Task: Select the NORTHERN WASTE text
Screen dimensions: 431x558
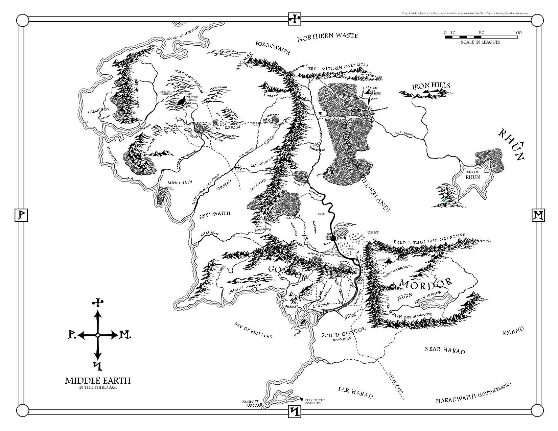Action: point(327,37)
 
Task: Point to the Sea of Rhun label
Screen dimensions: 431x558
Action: point(473,174)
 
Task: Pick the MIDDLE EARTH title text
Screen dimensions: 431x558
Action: point(98,381)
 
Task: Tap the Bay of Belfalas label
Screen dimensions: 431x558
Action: point(253,330)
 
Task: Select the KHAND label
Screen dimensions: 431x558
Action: point(513,331)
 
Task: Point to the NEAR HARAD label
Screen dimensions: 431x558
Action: point(444,350)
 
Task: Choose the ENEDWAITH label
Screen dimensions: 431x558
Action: point(214,214)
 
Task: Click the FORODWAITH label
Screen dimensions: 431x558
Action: point(273,48)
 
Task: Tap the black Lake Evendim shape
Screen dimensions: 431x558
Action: point(182,101)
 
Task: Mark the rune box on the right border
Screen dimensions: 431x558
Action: point(537,215)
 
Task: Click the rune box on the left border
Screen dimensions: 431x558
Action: point(20,215)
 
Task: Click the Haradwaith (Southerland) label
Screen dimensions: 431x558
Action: point(473,394)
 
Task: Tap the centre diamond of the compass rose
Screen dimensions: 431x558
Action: point(98,335)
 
